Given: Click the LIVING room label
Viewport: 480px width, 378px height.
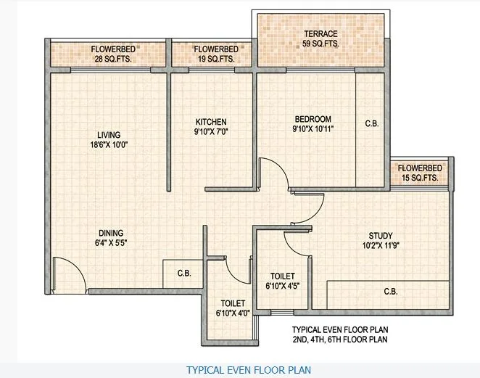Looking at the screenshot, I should click(109, 134).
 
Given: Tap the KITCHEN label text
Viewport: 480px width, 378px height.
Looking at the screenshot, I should click(211, 121).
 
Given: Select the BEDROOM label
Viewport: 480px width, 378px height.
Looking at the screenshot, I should click(313, 119).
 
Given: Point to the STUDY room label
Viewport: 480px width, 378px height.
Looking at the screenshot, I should click(380, 235).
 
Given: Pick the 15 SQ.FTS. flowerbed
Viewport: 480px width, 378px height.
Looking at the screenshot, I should click(418, 173).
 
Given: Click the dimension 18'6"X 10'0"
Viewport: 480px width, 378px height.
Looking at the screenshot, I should click(109, 144).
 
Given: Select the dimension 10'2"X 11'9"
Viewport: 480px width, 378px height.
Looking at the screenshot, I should click(380, 245).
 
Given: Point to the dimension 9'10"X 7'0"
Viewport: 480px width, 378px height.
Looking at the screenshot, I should click(211, 131).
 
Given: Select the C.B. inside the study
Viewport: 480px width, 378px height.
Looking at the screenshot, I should click(390, 292).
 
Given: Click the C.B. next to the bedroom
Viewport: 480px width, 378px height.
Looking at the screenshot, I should click(371, 124).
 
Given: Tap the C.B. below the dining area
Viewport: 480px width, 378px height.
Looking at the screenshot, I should click(184, 274).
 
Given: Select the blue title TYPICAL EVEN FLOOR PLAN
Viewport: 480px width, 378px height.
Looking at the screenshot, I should click(249, 369).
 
